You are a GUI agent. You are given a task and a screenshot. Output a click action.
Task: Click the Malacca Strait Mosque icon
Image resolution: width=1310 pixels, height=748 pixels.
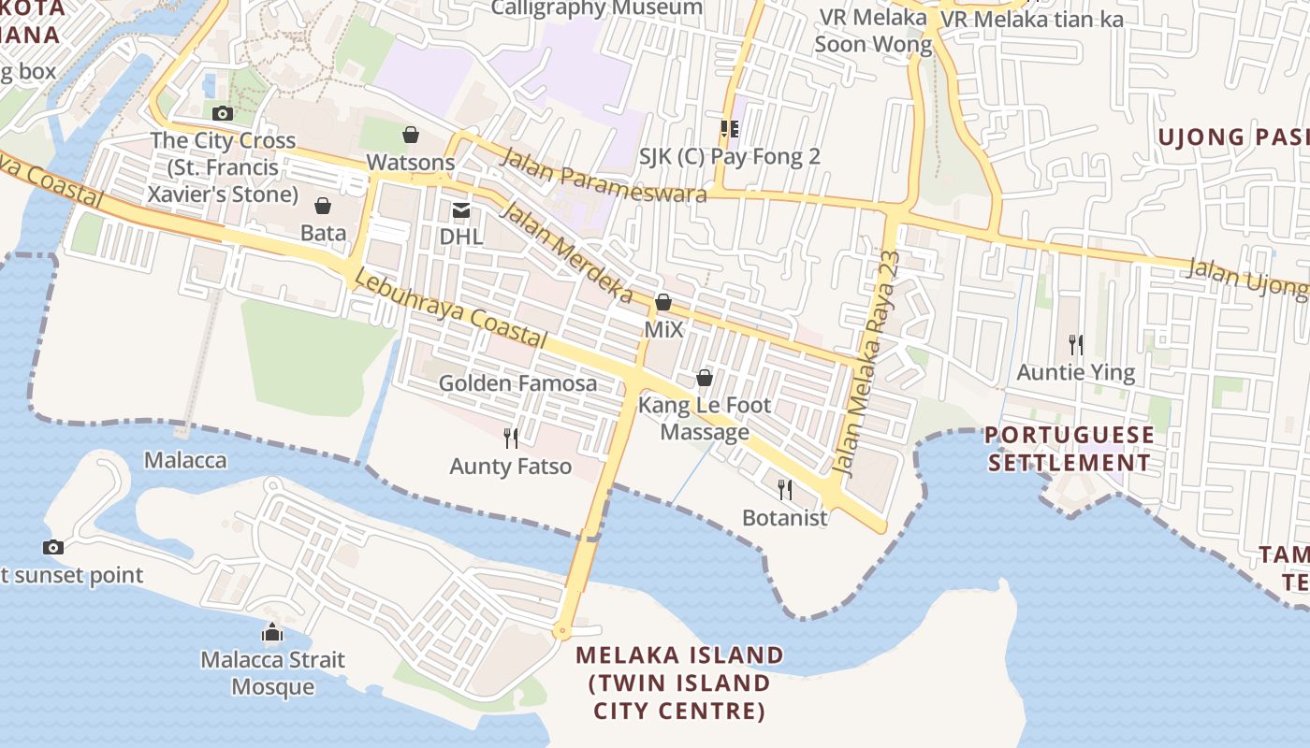[272, 633]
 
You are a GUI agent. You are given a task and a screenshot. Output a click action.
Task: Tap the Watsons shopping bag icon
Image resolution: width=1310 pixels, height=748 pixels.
[410, 136]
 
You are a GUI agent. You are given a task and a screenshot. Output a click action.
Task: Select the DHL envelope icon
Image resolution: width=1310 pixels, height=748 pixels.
[461, 209]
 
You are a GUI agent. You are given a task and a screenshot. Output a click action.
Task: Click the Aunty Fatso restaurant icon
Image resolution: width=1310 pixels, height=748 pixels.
[511, 438]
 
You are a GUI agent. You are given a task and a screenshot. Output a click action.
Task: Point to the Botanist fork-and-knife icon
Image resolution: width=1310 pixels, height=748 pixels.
[785, 489]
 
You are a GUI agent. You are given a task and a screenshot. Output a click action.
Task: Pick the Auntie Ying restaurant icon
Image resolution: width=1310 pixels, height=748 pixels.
[1076, 345]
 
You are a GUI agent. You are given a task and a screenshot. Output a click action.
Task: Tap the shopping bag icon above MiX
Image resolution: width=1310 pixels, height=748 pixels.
[663, 302]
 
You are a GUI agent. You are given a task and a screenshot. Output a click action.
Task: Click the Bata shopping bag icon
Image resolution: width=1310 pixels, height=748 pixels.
[323, 206]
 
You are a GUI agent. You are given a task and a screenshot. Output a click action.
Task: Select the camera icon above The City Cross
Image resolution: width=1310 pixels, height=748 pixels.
[223, 114]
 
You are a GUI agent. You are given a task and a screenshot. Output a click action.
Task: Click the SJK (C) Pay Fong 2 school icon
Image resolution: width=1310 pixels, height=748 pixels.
[729, 129]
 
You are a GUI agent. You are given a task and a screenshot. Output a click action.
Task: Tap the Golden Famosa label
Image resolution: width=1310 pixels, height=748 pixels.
[517, 383]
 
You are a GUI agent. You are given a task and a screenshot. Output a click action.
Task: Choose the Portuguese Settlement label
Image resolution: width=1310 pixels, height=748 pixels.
[1070, 449]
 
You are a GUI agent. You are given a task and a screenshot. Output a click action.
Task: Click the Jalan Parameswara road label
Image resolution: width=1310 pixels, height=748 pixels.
[604, 175]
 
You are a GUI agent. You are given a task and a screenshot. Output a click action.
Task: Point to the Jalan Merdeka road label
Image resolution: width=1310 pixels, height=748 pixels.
[567, 252]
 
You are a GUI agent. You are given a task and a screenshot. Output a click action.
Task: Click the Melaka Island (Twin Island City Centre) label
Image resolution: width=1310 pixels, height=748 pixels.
[679, 683]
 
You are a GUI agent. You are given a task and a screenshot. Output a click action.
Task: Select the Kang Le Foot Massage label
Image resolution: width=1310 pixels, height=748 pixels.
[705, 418]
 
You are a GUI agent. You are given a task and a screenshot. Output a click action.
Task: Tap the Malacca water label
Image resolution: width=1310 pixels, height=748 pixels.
[185, 460]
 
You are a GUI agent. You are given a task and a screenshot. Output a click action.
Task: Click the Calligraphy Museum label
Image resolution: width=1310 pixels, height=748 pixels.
[597, 8]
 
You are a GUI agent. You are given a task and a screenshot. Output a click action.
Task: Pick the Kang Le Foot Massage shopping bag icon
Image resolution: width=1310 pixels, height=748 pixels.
[705, 378]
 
